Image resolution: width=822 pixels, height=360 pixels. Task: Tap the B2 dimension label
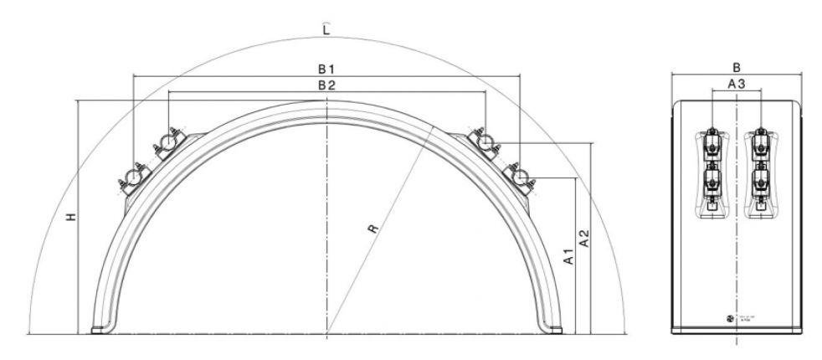click(326, 85)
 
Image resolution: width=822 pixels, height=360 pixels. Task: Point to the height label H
click(71, 217)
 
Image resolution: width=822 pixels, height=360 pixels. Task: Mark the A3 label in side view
click(736, 84)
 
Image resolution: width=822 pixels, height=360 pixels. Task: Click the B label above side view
click(736, 65)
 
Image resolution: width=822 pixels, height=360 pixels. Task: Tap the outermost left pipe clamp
click(132, 177)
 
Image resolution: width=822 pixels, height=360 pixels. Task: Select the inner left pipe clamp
click(168, 143)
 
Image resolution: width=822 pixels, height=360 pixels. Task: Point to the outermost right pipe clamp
click(521, 177)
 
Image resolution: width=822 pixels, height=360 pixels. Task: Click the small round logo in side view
click(729, 319)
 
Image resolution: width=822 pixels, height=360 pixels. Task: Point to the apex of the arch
click(326, 103)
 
